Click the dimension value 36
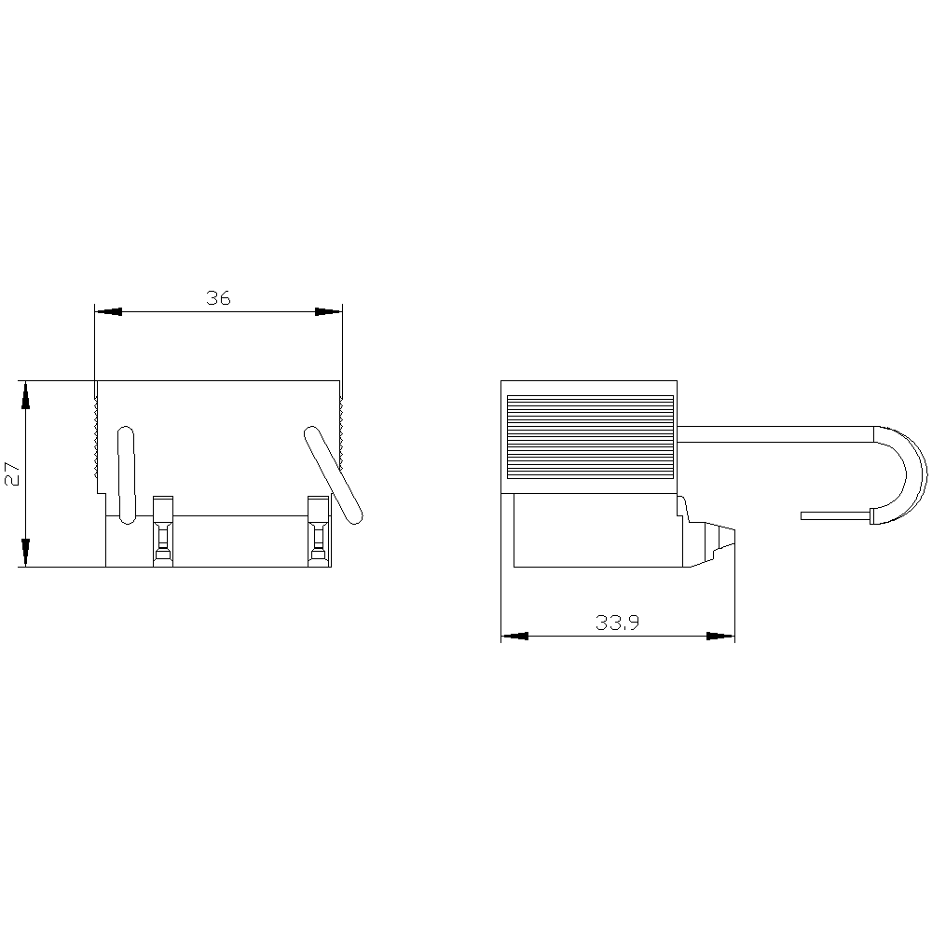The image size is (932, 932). pos(218,298)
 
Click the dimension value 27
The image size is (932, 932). pos(12,473)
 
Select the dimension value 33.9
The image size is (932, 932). pos(617,623)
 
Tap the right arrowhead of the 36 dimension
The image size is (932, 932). pos(329,311)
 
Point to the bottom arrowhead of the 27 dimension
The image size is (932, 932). pos(26,553)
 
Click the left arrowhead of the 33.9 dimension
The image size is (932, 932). pos(514,637)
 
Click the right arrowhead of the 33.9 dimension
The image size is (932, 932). pos(720,637)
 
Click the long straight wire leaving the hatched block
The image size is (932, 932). pos(774,434)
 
